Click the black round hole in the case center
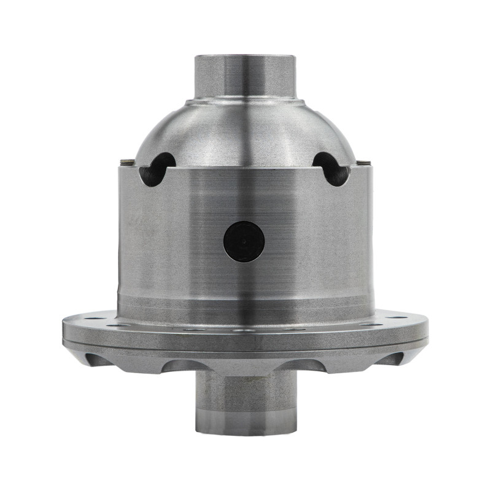(244, 241)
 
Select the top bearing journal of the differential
(245, 76)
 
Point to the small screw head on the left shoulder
(128, 162)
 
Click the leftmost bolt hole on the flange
(91, 318)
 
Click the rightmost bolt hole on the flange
(399, 318)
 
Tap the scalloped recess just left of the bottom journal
(178, 366)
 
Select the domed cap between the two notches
(245, 132)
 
